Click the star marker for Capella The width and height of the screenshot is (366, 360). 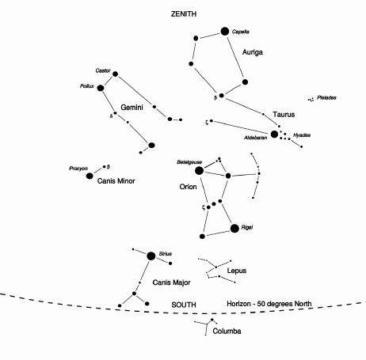click(225, 32)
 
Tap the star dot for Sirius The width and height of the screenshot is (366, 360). click(151, 256)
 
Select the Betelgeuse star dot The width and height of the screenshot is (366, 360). click(199, 171)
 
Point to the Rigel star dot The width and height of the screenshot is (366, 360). click(234, 229)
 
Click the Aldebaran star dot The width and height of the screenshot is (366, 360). click(274, 135)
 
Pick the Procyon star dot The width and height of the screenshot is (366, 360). click(90, 176)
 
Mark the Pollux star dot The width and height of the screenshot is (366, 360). click(101, 88)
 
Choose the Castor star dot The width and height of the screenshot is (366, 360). click(115, 74)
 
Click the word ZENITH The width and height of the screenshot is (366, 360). click(184, 14)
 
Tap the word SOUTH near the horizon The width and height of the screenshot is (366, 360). click(184, 305)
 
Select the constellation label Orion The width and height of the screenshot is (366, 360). click(188, 187)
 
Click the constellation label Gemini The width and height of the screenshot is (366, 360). click(132, 108)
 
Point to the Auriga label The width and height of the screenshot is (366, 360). click(253, 52)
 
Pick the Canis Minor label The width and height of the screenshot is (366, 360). click(116, 181)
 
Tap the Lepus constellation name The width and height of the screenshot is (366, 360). click(237, 271)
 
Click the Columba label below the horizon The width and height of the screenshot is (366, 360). click(227, 332)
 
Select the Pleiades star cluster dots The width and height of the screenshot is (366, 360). click(311, 100)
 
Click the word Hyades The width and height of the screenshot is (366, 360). click(302, 135)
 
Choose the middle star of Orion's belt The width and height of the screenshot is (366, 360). click(214, 204)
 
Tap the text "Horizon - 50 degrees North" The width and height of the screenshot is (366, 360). click(269, 304)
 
